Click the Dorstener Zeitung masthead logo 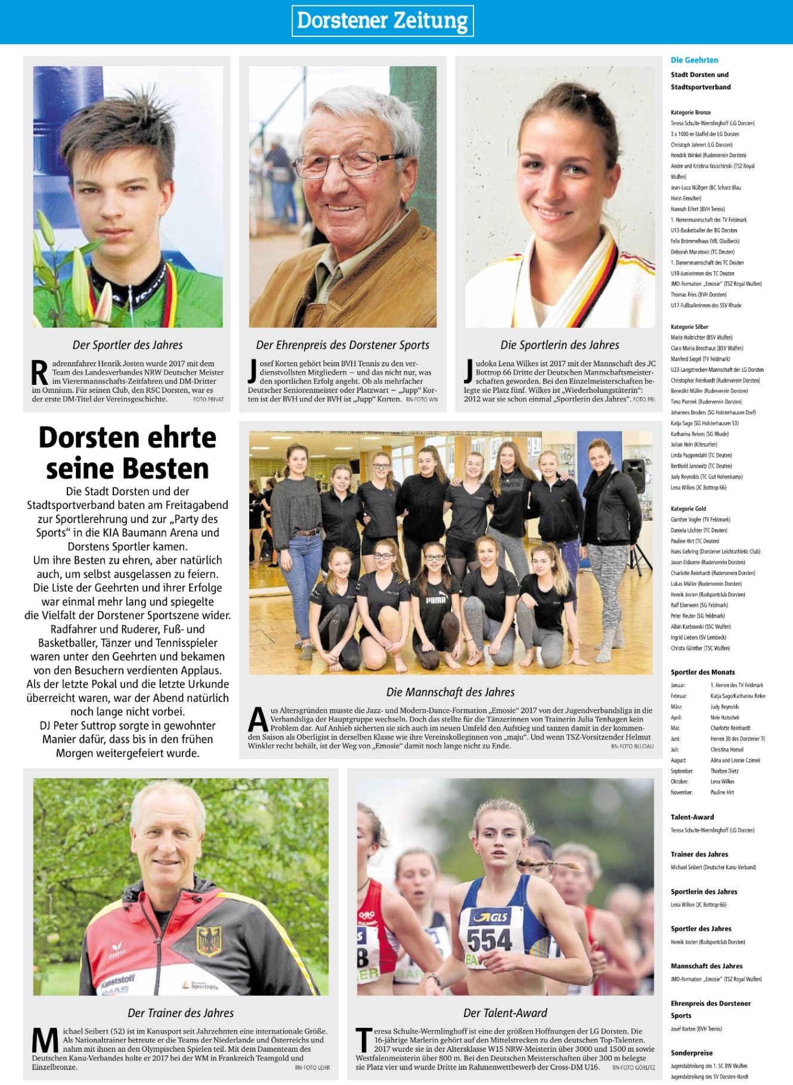point(382,21)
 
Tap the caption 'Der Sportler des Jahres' point(128,345)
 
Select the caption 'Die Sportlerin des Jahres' point(559,345)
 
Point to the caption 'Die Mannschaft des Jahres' point(450,692)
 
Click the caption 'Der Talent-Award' point(505,1013)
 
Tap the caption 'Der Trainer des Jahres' point(181,1013)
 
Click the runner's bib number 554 point(489,940)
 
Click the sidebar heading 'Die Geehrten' point(694,60)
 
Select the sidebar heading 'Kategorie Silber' point(689,327)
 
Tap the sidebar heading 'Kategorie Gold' point(688,509)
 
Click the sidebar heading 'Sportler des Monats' point(702,672)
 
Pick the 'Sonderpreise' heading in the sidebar point(691,1053)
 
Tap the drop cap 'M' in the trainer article point(45,1040)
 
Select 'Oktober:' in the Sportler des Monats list point(679,782)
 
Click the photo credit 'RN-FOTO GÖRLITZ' point(633,1068)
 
